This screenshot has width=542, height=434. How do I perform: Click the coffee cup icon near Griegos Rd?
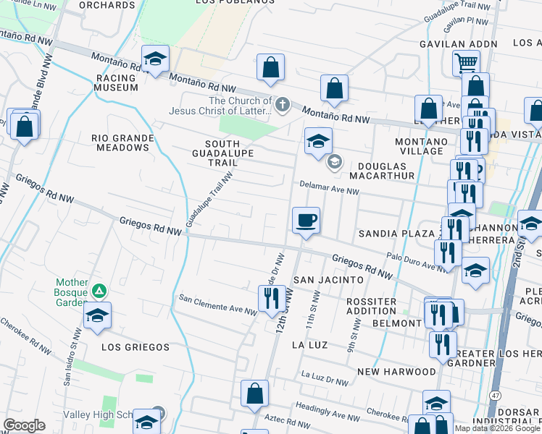306,219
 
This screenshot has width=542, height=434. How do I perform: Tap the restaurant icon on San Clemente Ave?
271,297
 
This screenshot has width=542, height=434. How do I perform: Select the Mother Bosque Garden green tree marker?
100,292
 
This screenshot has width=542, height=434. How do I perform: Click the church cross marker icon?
282,106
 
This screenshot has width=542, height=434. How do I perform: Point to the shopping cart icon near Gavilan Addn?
466,62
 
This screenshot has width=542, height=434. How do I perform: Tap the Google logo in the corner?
24,425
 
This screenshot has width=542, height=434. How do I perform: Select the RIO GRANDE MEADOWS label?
122,142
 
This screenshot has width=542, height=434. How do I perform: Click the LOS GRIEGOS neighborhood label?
135,347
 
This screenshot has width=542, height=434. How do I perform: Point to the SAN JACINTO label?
327,279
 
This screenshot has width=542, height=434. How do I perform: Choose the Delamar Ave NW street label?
330,192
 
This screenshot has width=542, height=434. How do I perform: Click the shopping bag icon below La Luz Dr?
254,393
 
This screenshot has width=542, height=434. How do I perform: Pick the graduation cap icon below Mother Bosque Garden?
97,316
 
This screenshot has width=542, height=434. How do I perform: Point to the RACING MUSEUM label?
115,82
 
